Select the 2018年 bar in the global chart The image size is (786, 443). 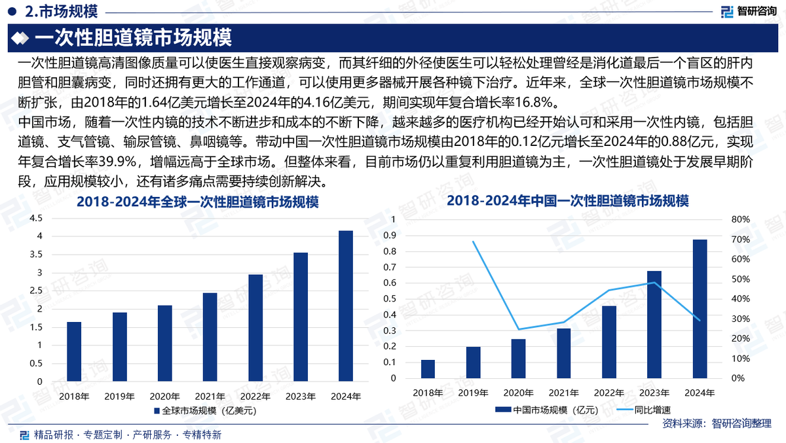(x=74, y=351)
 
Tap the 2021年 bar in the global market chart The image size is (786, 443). (x=210, y=337)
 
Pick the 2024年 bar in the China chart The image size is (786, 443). (x=700, y=309)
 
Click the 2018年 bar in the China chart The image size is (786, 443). (x=428, y=369)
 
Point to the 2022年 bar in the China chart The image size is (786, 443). (x=609, y=342)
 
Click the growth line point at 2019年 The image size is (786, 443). (x=473, y=241)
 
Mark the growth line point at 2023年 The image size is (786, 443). (x=654, y=283)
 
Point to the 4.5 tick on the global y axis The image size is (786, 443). (x=36, y=219)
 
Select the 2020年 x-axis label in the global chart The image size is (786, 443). (x=164, y=397)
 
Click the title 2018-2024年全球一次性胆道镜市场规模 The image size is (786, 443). (x=197, y=203)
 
